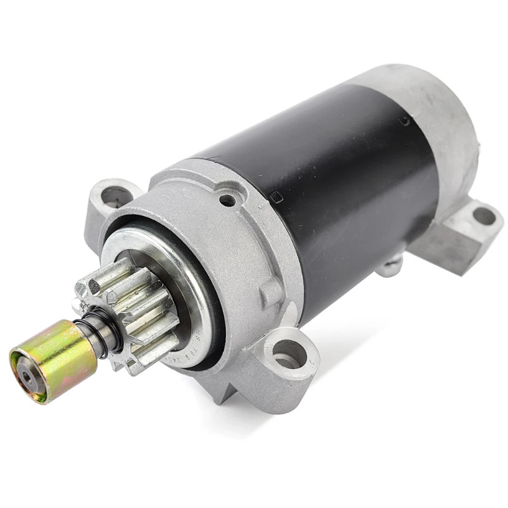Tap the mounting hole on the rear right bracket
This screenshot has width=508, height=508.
tap(485, 216)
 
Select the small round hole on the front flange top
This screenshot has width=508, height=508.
tap(227, 200)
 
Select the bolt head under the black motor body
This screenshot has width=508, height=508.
tap(391, 265)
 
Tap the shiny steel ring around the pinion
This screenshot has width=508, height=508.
tap(190, 279)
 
